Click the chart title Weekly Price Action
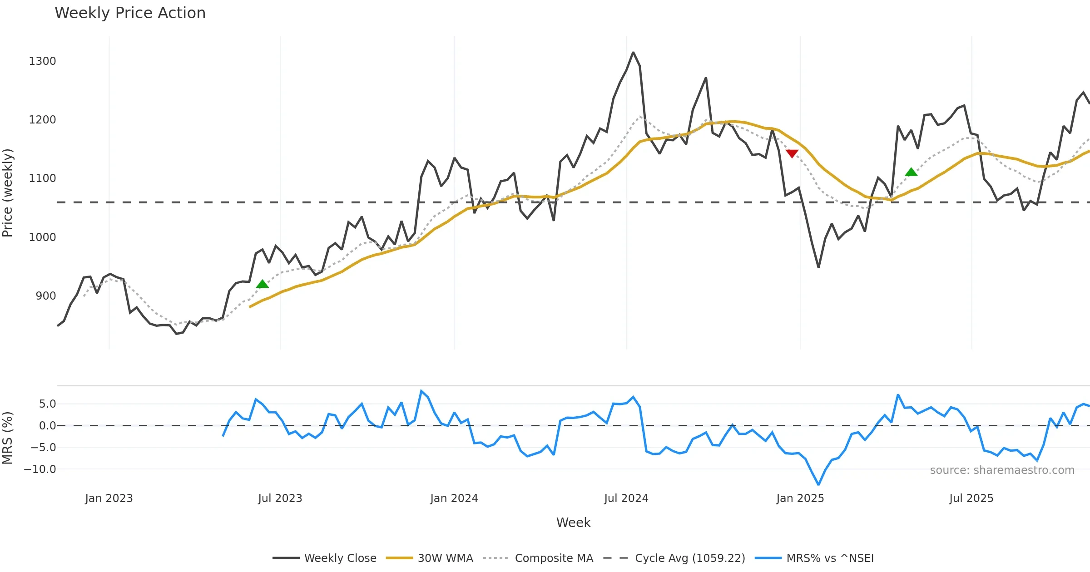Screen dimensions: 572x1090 (130, 13)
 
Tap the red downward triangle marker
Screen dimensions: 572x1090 (792, 153)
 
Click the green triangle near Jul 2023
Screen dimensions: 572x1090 (263, 284)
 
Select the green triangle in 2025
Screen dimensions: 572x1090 (911, 172)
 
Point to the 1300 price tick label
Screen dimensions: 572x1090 (42, 61)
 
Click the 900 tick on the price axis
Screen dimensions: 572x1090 (45, 296)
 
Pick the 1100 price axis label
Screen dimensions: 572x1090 (42, 178)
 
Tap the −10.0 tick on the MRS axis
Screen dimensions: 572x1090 (40, 469)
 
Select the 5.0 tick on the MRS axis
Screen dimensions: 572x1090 (47, 404)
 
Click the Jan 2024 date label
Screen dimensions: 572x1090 (454, 498)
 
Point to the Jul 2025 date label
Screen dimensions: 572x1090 (971, 498)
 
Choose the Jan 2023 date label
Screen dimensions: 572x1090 (109, 498)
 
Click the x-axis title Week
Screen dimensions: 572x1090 (573, 523)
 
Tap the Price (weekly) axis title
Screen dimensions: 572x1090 (8, 193)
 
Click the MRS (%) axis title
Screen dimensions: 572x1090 (8, 438)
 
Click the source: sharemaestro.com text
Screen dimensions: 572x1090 (1002, 470)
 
